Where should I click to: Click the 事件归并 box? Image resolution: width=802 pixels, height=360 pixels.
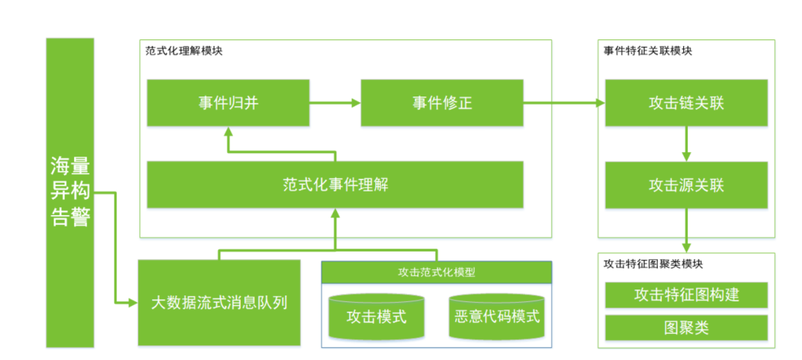click(x=227, y=102)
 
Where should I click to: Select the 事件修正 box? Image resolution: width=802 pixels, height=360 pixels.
click(x=442, y=102)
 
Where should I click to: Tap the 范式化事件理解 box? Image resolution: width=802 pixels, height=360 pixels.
click(x=335, y=184)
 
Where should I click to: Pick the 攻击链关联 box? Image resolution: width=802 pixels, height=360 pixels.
click(x=686, y=102)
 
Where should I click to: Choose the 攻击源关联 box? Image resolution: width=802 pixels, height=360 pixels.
click(x=686, y=184)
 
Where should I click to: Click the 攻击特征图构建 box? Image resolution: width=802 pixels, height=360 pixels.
click(x=686, y=295)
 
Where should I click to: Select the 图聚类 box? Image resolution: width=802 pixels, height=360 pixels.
click(x=686, y=327)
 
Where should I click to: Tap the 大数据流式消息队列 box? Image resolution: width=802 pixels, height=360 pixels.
click(x=219, y=303)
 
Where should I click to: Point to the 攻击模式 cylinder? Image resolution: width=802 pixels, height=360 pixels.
click(x=376, y=317)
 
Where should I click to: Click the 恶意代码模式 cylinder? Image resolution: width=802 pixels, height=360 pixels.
click(x=497, y=317)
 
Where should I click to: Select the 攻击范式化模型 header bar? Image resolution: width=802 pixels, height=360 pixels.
click(x=437, y=272)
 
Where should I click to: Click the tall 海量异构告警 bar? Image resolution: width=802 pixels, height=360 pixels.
click(x=70, y=192)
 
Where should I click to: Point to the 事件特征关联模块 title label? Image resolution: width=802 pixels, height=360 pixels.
click(x=648, y=51)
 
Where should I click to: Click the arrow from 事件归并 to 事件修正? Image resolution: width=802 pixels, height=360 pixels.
click(x=334, y=102)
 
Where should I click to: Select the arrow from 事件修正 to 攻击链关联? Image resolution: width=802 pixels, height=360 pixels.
click(x=564, y=102)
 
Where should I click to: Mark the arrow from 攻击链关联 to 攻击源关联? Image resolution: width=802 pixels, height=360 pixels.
click(x=686, y=144)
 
